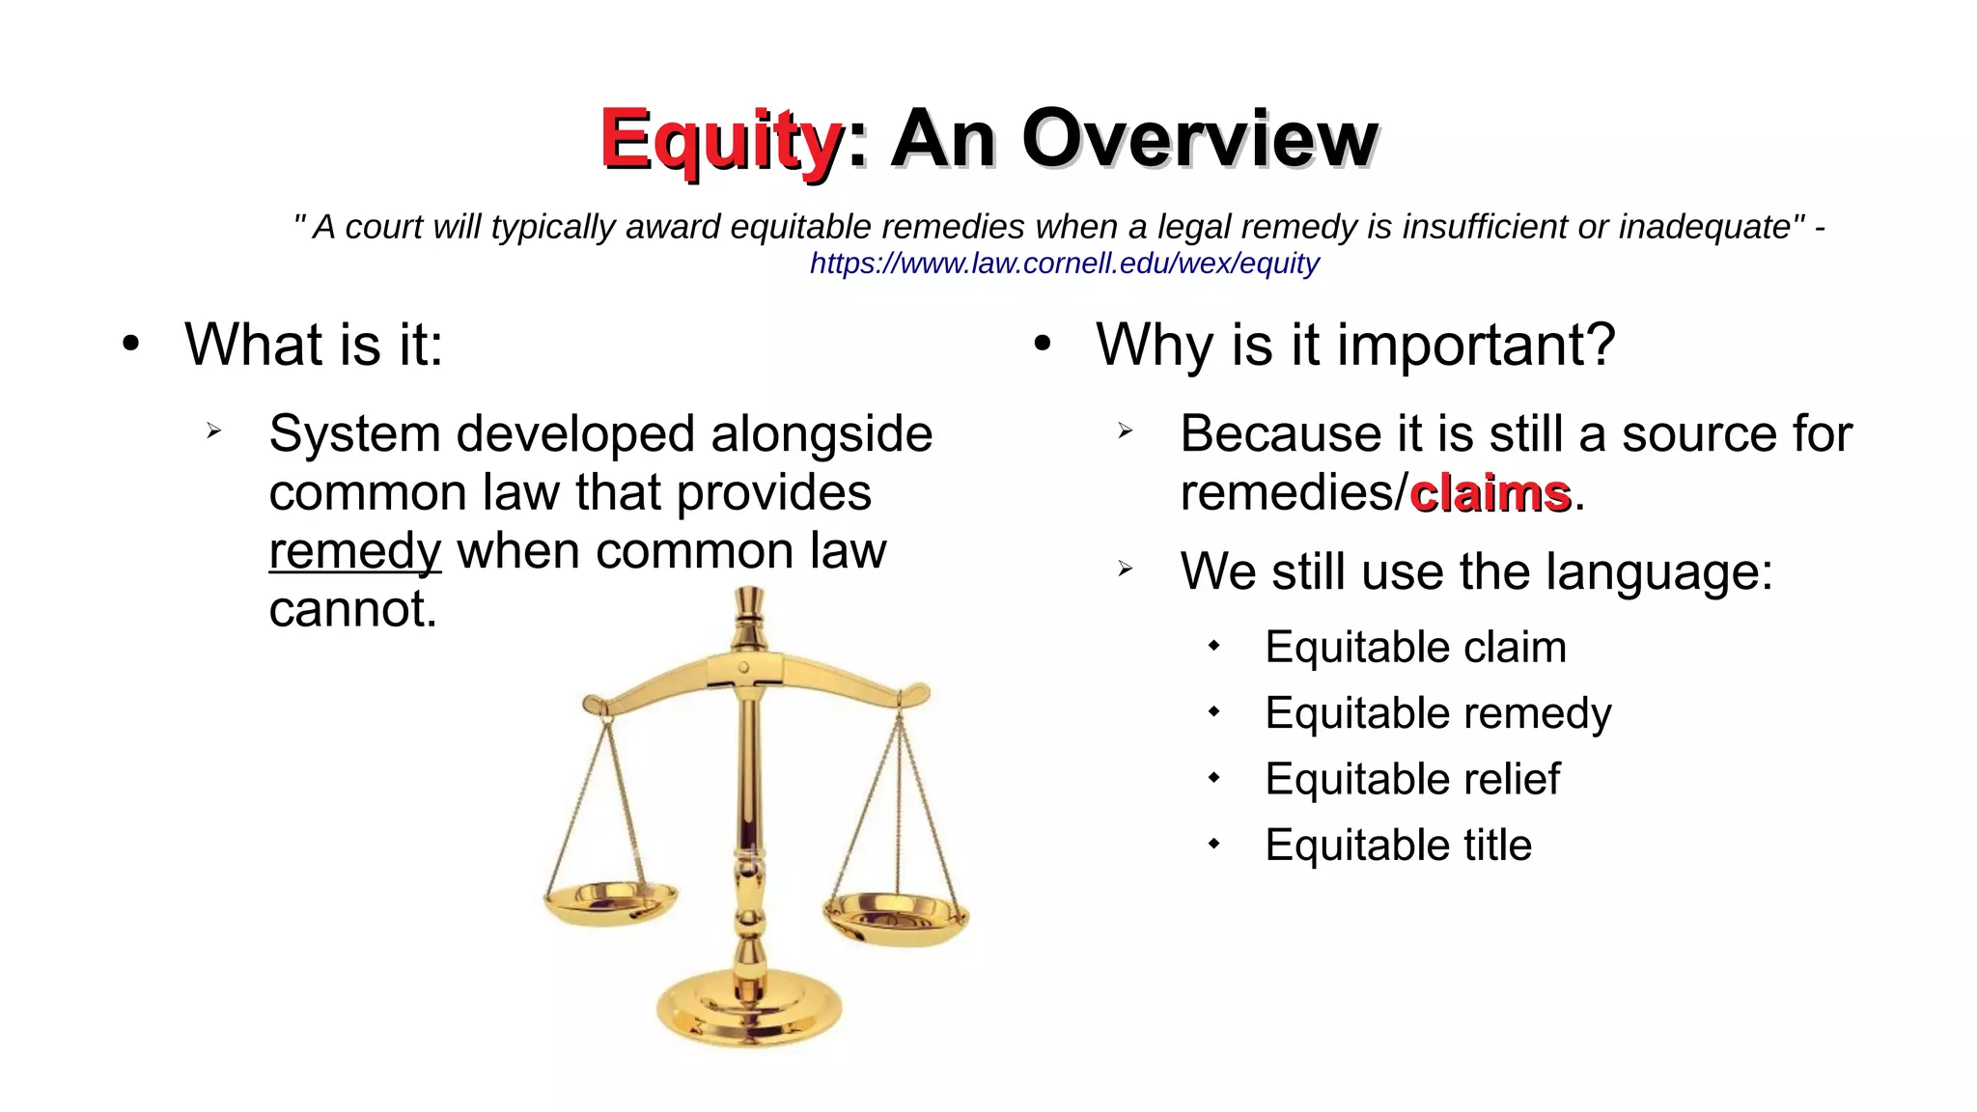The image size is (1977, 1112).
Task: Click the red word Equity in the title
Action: [x=721, y=141]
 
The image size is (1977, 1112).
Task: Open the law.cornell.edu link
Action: [x=1064, y=264]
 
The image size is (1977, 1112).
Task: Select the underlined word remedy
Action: [x=354, y=552]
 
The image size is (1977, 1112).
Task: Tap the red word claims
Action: [x=1490, y=493]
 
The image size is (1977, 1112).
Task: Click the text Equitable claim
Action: [x=1415, y=647]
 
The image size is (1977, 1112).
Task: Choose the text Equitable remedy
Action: [x=1437, y=713]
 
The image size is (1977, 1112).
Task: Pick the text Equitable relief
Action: [x=1411, y=779]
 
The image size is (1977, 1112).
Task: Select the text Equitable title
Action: [x=1398, y=846]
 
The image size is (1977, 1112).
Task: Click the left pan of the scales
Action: [x=609, y=903]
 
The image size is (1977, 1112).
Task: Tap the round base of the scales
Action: [x=749, y=1009]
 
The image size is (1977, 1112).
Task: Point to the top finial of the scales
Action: [x=749, y=608]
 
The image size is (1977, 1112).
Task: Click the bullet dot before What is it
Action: [x=131, y=344]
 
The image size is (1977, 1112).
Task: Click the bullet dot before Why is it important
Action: [x=1042, y=344]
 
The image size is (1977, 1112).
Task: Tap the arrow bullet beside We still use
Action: [x=1125, y=570]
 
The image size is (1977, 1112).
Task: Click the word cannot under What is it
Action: [x=352, y=610]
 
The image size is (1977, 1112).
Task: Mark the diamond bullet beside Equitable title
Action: [x=1213, y=845]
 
